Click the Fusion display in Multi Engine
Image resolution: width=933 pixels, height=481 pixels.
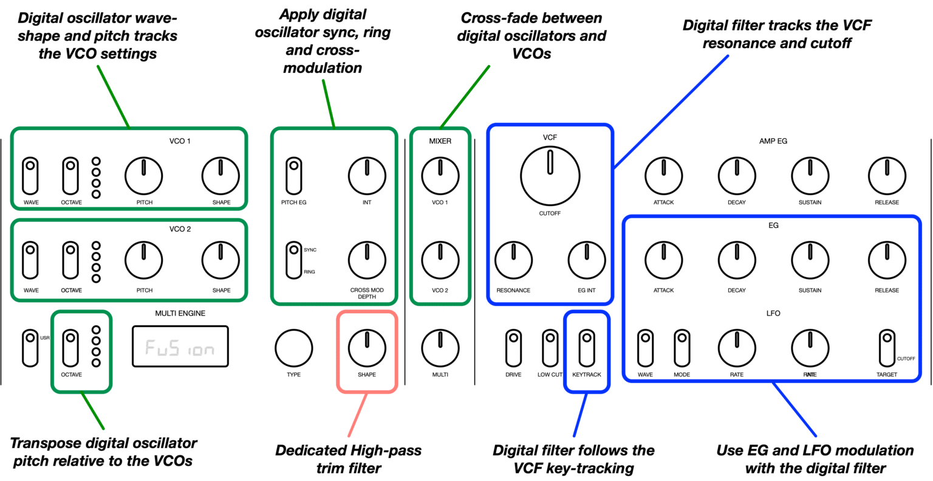[x=180, y=347]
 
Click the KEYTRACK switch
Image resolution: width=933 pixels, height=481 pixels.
[x=586, y=347]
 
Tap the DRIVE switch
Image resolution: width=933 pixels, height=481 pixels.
[x=513, y=347]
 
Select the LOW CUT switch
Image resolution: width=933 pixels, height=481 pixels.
[x=550, y=347]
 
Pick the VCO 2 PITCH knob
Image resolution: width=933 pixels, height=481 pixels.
[x=143, y=260]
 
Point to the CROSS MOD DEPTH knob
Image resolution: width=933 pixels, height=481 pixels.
[x=366, y=260]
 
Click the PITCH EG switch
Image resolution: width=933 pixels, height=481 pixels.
[x=294, y=175]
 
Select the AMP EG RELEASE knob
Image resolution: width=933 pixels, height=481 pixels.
[x=887, y=175]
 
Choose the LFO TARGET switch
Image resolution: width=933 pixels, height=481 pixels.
[x=886, y=347]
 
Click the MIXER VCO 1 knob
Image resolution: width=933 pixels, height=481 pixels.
[x=440, y=175]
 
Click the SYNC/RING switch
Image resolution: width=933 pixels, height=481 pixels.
[x=294, y=260]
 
